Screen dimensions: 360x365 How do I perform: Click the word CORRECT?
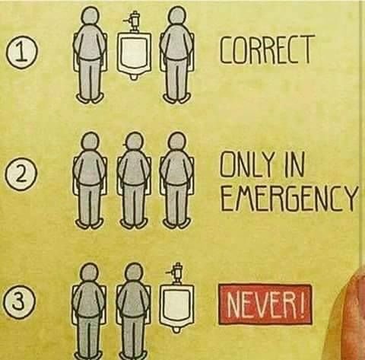point(265,50)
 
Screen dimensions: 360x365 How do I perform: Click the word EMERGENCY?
point(288,196)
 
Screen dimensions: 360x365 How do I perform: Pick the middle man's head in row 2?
point(134,142)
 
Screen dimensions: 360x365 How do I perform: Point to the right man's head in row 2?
point(177,142)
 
